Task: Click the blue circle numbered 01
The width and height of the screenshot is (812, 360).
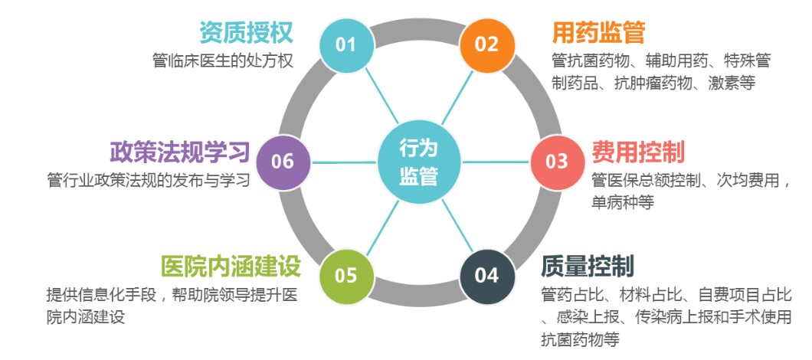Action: (x=345, y=44)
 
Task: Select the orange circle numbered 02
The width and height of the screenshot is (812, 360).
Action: (x=487, y=44)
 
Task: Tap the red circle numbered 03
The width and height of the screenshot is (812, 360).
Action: (x=558, y=162)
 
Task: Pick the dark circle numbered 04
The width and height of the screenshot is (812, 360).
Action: (x=487, y=275)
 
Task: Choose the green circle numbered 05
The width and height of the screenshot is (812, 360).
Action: (x=345, y=275)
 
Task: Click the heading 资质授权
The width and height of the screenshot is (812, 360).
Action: (x=247, y=33)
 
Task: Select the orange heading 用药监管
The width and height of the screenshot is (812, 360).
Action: (x=598, y=33)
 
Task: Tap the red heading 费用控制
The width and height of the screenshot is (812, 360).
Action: (x=638, y=152)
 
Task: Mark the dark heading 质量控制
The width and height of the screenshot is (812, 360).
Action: (x=588, y=267)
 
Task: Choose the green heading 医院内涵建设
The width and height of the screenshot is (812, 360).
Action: (x=231, y=267)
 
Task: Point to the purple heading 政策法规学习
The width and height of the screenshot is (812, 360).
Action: (x=180, y=152)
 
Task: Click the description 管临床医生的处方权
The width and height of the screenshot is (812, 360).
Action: (x=223, y=61)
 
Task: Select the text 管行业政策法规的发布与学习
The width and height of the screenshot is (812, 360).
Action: (x=149, y=179)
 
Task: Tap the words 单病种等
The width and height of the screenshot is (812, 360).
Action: (x=623, y=201)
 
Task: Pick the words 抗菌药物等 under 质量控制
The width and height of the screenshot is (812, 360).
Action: (x=580, y=339)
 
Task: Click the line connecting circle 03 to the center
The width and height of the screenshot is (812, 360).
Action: (x=496, y=162)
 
